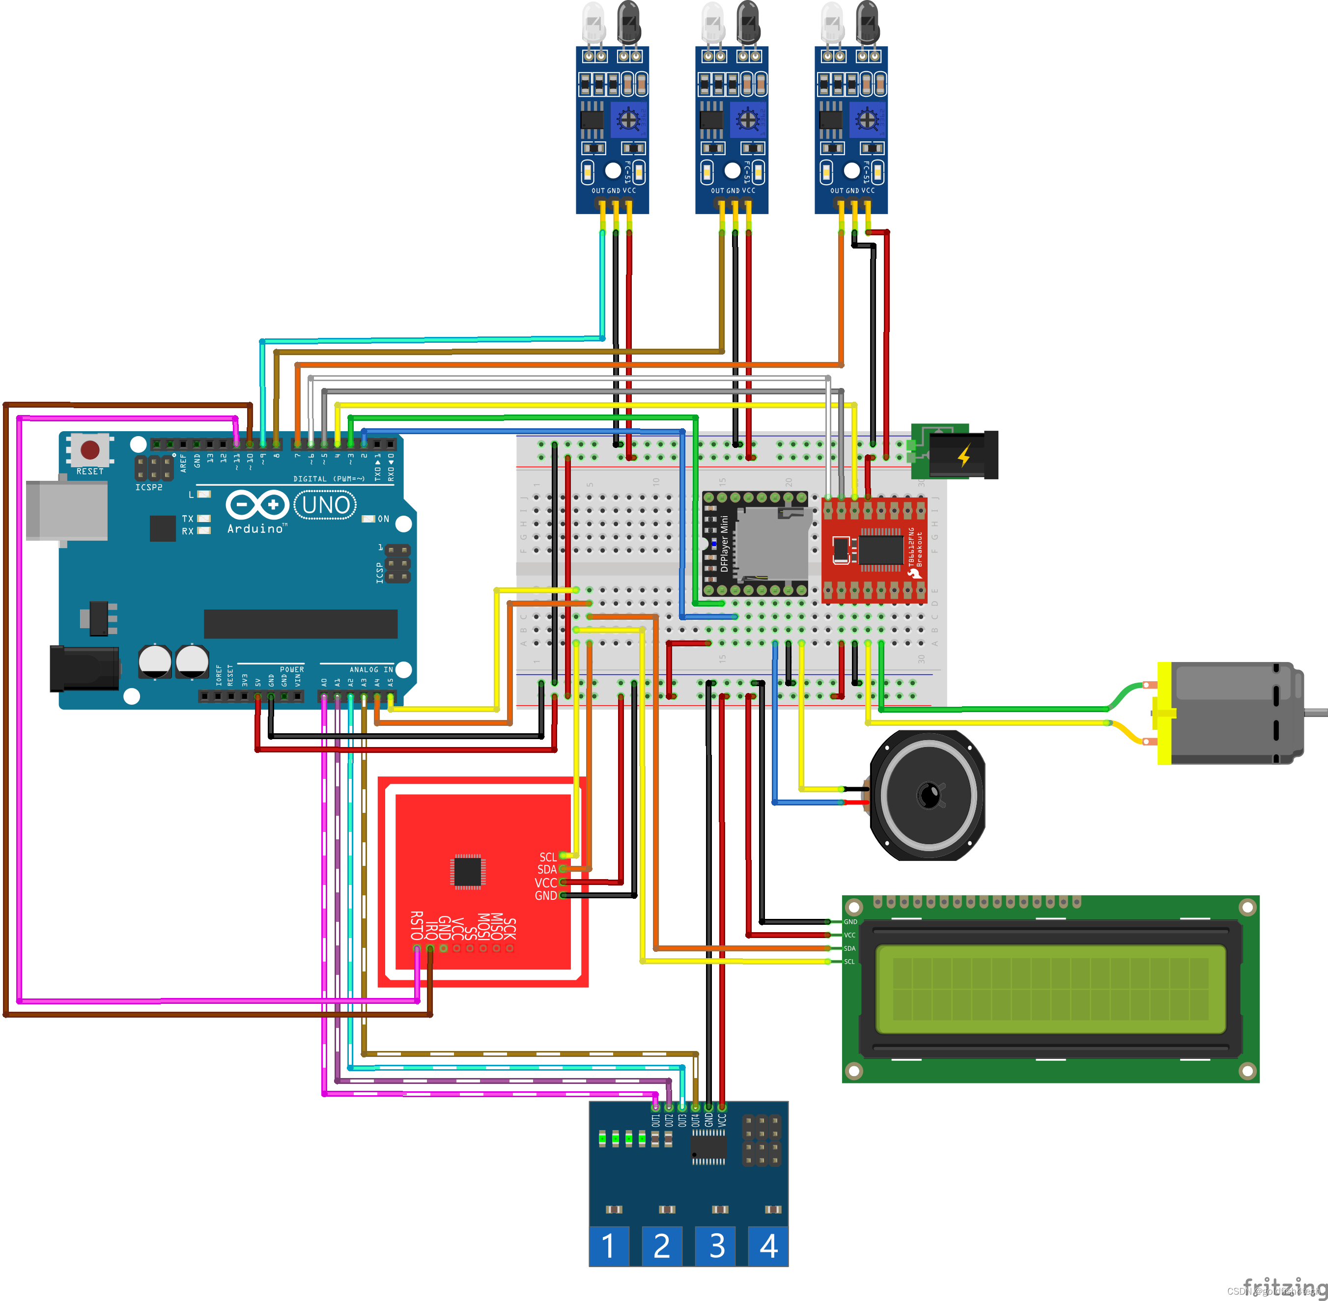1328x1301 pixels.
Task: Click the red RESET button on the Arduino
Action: [x=89, y=449]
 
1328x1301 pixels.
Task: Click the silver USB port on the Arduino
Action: [x=66, y=510]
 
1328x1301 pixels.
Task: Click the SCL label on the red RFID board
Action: [x=547, y=857]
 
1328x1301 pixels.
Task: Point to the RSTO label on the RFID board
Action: [x=416, y=926]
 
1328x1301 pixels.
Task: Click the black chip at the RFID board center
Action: [x=468, y=871]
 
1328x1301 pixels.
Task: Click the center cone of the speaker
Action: [x=928, y=795]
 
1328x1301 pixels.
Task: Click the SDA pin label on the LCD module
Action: [x=849, y=948]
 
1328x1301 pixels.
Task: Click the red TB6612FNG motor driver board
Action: [x=874, y=551]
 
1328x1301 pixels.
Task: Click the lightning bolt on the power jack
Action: [x=964, y=455]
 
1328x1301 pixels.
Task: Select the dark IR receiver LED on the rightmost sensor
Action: [x=867, y=21]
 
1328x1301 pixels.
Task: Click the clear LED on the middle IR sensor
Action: [x=712, y=21]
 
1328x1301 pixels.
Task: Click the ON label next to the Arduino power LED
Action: [x=383, y=519]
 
